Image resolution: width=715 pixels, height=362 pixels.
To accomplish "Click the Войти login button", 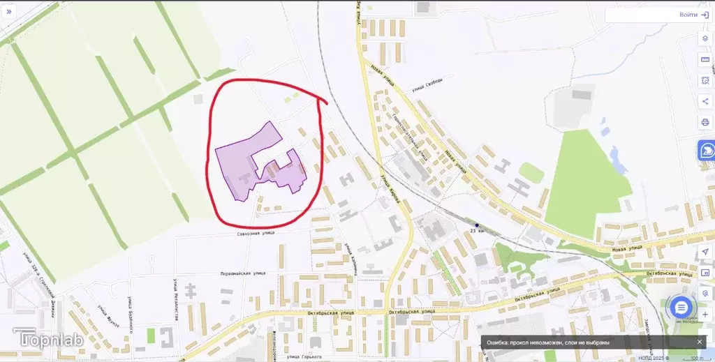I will tap(693, 15).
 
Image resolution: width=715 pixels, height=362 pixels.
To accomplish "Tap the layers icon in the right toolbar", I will tap(705, 38).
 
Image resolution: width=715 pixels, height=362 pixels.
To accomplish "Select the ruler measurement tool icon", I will tap(705, 59).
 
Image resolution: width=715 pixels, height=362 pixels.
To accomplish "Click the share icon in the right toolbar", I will tap(705, 101).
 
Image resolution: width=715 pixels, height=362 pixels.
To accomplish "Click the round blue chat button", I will tap(681, 308).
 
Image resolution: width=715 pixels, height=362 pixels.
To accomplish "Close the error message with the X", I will tap(700, 342).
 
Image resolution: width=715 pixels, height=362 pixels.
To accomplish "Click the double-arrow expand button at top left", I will tap(9, 13).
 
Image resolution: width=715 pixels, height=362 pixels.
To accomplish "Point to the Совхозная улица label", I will tap(257, 233).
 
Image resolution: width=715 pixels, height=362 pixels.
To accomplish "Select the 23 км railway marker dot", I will tap(477, 225).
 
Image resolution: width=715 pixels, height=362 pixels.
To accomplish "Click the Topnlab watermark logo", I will tap(45, 340).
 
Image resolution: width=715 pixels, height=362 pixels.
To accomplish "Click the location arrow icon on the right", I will tap(705, 251).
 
